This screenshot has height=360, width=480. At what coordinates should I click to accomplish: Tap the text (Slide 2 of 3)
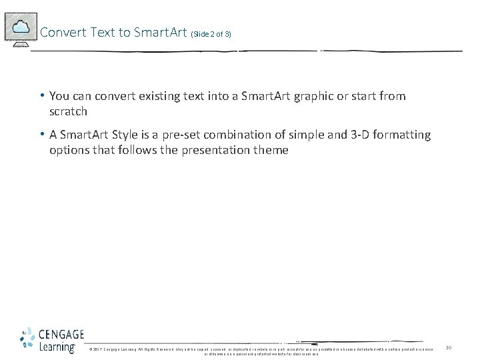[211, 33]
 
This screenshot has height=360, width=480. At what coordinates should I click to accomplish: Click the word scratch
[68, 111]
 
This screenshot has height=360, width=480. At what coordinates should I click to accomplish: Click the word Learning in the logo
[57, 347]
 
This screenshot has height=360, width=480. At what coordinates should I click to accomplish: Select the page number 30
[449, 347]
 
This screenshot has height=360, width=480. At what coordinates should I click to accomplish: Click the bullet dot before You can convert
[42, 96]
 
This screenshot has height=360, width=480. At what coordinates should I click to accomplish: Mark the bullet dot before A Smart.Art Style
[42, 135]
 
